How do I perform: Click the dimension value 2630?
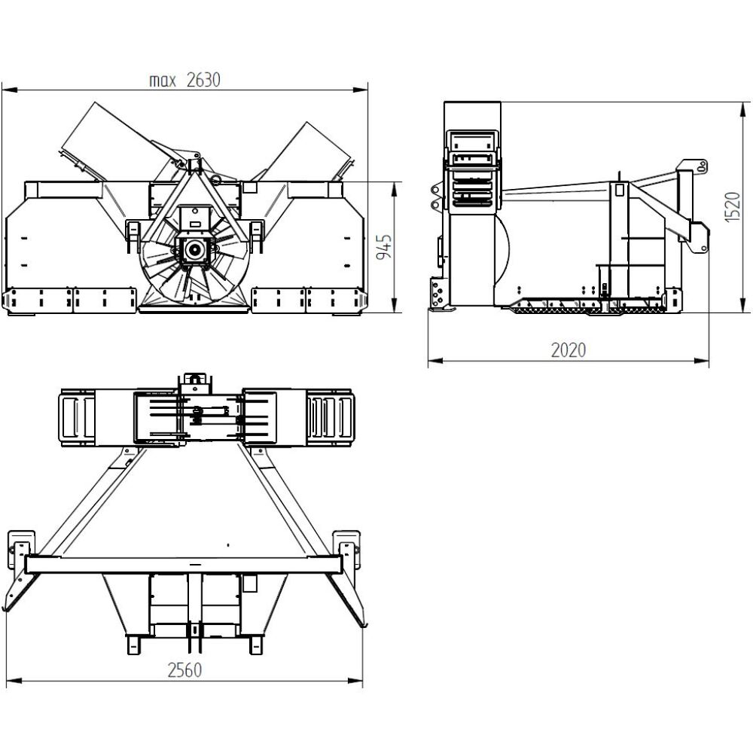[x=203, y=80]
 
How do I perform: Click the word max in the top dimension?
[x=163, y=81]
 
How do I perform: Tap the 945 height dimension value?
[x=384, y=247]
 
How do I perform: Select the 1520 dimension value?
[x=733, y=206]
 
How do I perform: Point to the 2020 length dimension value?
[x=568, y=350]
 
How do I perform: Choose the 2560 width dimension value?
[x=184, y=670]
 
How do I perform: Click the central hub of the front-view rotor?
[x=195, y=250]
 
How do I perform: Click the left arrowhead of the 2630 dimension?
[x=11, y=90]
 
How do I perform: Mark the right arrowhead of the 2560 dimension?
[x=355, y=681]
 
